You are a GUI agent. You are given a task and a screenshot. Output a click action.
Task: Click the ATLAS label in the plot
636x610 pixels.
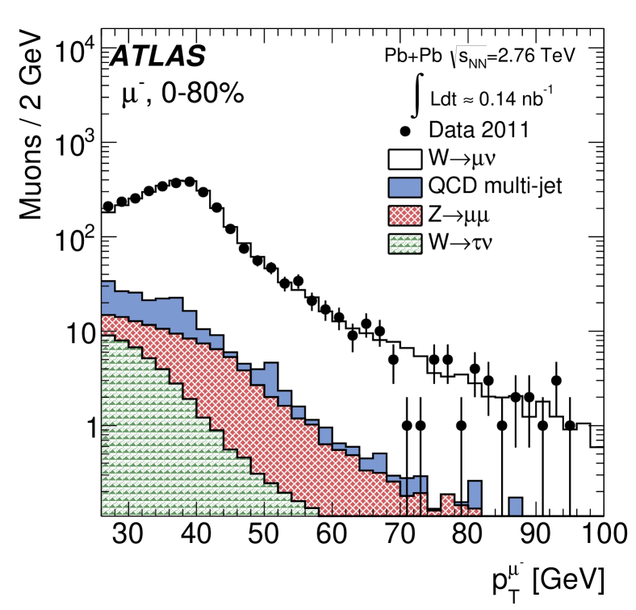click(158, 56)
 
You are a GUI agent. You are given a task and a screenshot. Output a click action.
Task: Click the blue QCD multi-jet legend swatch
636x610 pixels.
click(410, 186)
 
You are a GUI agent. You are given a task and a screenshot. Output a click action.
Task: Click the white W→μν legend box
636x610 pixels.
click(410, 157)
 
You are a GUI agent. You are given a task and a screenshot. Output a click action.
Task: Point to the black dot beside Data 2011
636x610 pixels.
click(410, 129)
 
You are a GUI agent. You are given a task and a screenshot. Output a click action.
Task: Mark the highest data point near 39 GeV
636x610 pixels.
click(190, 182)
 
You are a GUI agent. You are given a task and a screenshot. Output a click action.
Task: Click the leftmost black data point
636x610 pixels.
click(108, 207)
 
